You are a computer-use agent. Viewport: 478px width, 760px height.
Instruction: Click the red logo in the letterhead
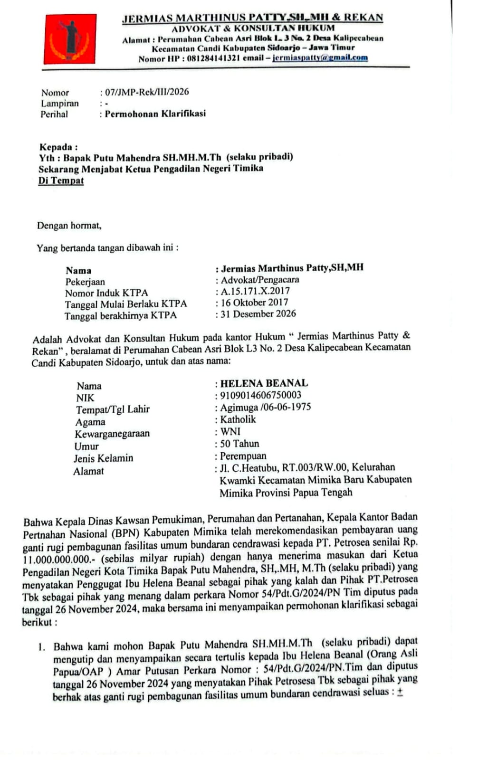(x=70, y=39)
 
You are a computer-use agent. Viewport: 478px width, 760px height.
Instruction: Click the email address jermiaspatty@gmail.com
(x=320, y=58)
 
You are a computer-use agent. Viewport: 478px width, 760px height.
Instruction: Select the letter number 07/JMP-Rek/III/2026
(x=147, y=92)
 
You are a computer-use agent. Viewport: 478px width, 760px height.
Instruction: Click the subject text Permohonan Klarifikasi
(x=155, y=114)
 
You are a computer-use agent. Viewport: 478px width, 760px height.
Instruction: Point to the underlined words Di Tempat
(x=61, y=180)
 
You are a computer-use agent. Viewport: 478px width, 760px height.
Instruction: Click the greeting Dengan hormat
(x=69, y=225)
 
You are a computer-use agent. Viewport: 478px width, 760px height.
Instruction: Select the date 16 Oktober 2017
(x=254, y=302)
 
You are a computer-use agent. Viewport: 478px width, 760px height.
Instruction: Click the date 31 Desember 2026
(x=258, y=313)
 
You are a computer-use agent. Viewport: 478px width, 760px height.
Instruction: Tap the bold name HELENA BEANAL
(x=264, y=383)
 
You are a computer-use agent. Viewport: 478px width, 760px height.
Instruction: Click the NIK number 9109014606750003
(x=260, y=395)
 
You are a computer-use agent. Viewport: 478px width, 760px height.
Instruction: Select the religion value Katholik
(x=238, y=419)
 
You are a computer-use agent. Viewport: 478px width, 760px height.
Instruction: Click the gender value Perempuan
(x=243, y=456)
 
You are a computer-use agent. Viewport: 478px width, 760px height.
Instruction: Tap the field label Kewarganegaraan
(x=112, y=434)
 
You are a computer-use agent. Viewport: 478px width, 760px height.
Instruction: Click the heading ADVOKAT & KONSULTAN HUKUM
(x=253, y=28)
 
